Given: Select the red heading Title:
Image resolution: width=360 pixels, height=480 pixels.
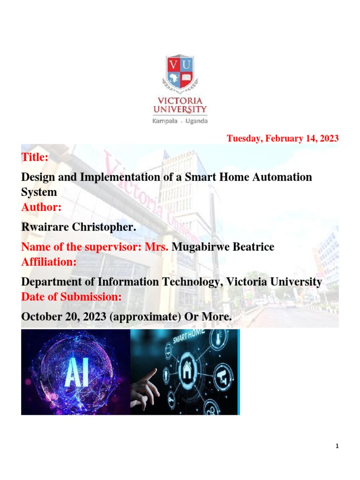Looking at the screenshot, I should [x=35, y=157].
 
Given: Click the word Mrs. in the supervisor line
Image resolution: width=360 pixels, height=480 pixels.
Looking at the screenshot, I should [x=157, y=247].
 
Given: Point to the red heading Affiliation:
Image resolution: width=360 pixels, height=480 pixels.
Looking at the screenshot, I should [x=49, y=262].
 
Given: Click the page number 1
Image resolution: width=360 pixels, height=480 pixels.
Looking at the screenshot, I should [x=337, y=446].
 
